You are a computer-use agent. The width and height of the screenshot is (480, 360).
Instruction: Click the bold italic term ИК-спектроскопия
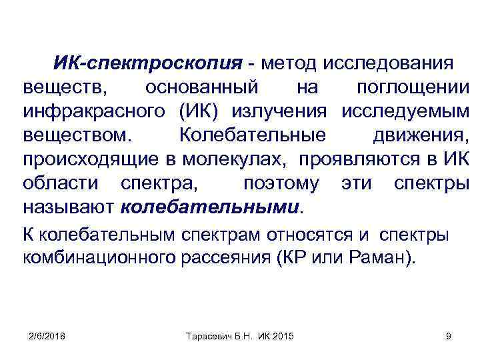coord(147,65)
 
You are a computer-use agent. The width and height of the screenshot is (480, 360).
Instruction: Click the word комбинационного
coord(99,258)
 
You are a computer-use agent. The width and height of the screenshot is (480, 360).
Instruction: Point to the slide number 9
coord(448,335)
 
